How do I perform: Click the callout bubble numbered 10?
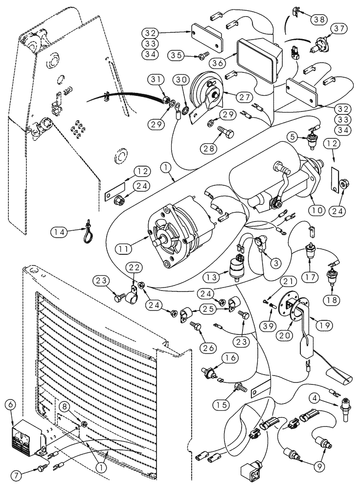315,211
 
